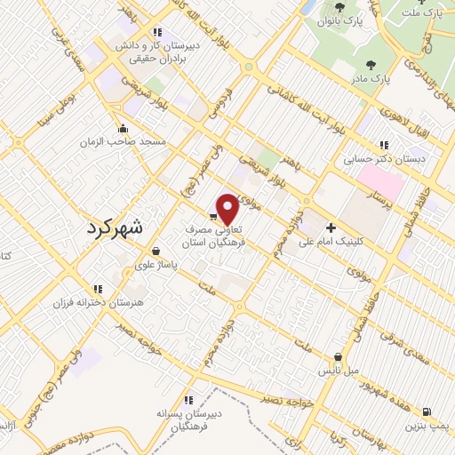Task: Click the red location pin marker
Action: pyautogui.click(x=228, y=210)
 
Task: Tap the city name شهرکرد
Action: pyautogui.click(x=116, y=227)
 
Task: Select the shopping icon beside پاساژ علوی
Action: pyautogui.click(x=156, y=251)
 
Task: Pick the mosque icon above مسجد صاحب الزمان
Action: pyautogui.click(x=122, y=128)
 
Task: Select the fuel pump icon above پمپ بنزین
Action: pyautogui.click(x=428, y=411)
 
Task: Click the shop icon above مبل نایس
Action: pyautogui.click(x=338, y=356)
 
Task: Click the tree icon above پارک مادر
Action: pyautogui.click(x=369, y=65)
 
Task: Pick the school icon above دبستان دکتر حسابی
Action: pyautogui.click(x=383, y=145)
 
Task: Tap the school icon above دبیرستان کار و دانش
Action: pyautogui.click(x=158, y=32)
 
